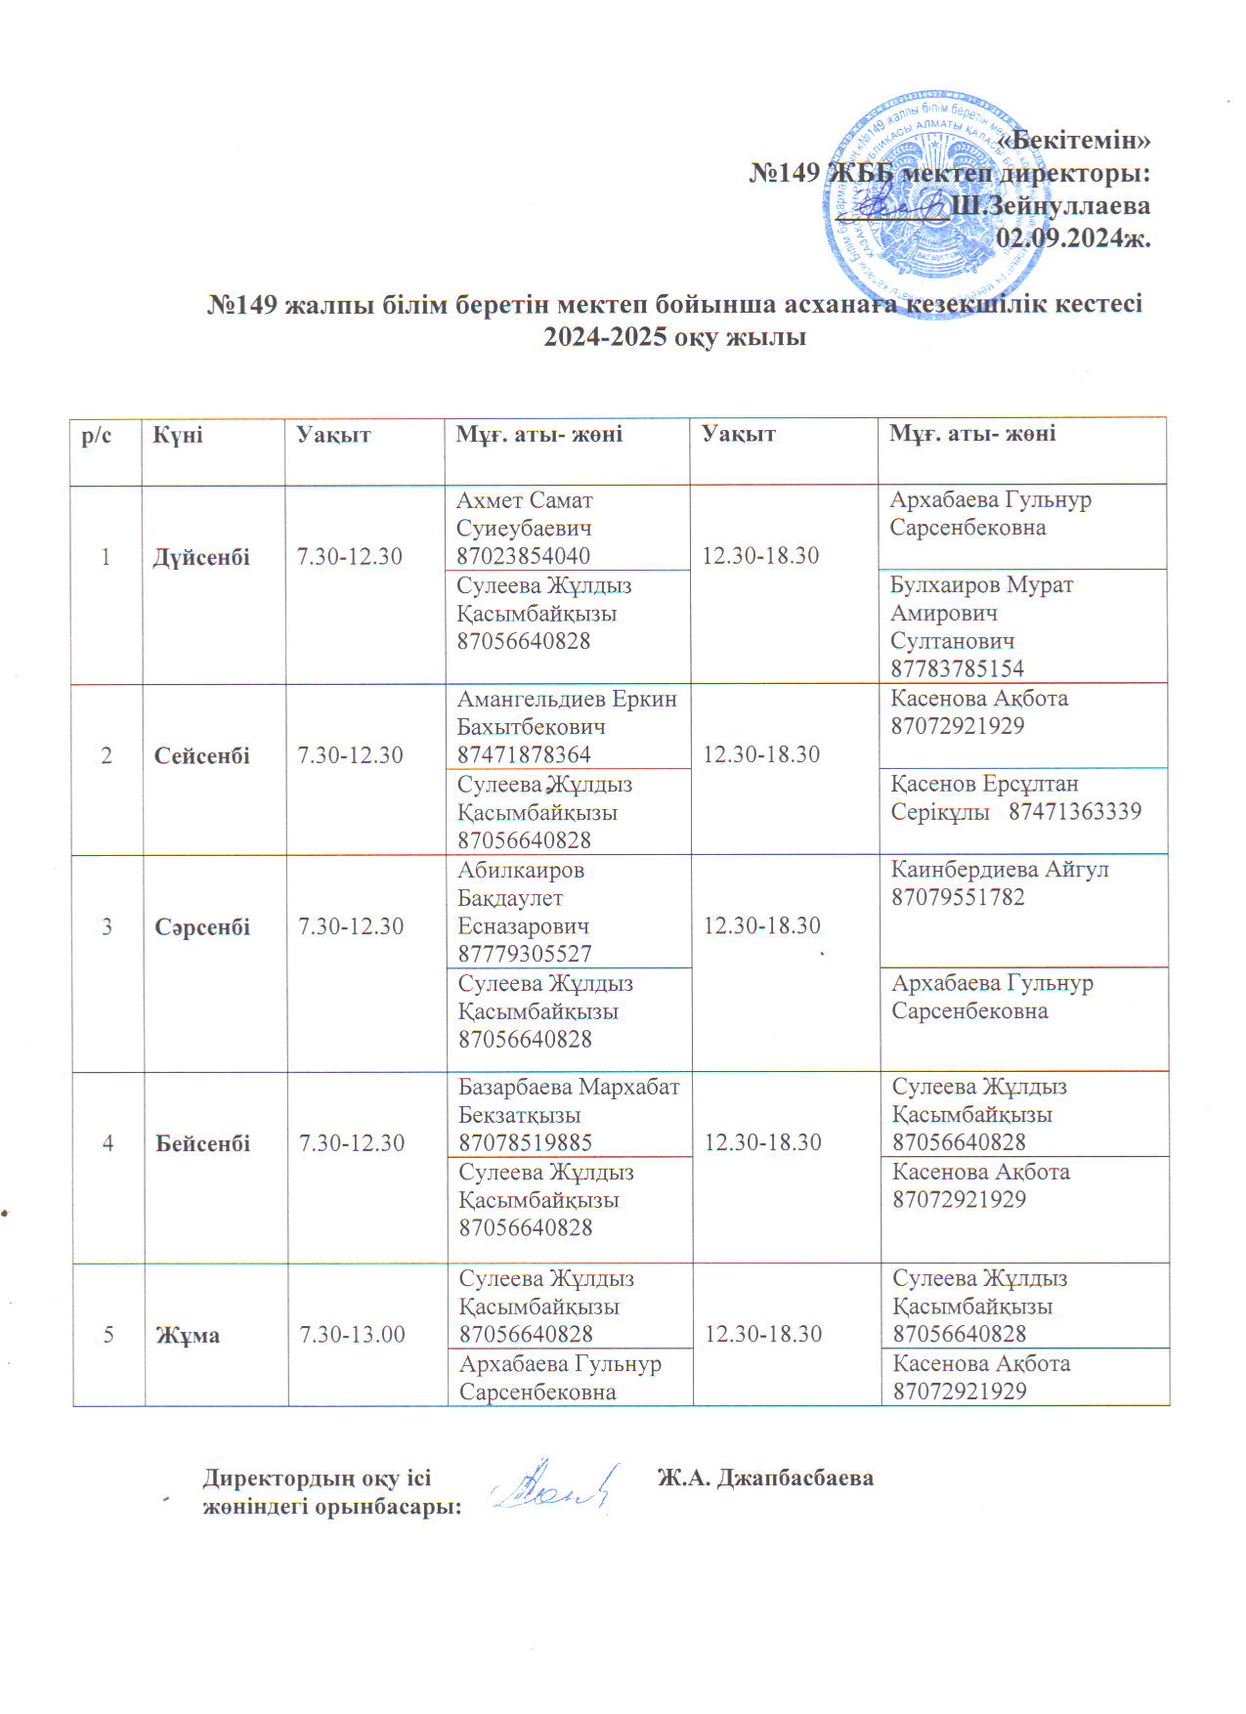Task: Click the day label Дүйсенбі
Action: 201,557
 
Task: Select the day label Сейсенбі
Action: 201,755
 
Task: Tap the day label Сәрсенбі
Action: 202,927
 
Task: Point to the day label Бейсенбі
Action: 202,1143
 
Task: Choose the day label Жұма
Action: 188,1335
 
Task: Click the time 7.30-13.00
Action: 352,1335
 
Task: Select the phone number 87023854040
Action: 523,556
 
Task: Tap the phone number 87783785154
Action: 957,669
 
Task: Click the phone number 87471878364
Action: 524,755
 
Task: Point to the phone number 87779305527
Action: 525,954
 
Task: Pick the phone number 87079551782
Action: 958,897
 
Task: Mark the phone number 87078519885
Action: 526,1142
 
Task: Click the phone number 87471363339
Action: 1074,812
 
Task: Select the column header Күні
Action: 177,436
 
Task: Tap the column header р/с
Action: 96,436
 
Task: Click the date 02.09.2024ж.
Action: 1072,237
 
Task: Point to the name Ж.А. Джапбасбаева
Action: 764,1478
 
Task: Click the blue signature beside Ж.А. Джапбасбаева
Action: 554,1486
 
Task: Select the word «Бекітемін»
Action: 1073,140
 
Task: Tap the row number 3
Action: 107,926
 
